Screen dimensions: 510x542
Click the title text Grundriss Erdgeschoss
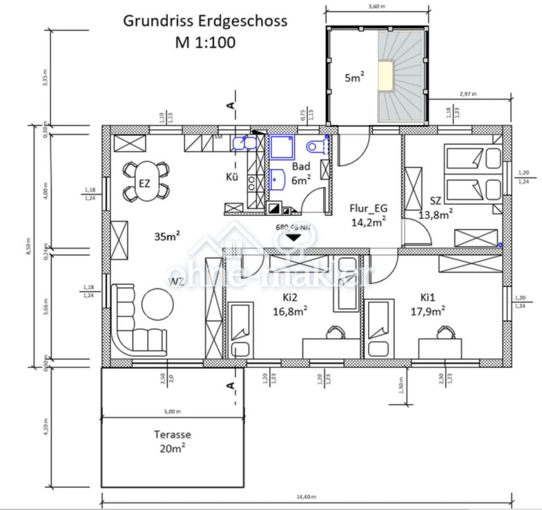coord(205,21)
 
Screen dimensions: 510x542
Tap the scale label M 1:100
coord(205,42)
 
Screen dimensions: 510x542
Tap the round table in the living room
coord(157,305)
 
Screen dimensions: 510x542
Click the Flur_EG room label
coord(368,215)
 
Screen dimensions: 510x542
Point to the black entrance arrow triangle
coord(293,237)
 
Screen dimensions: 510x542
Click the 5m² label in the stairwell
coord(354,78)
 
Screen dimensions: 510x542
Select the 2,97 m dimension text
coord(468,93)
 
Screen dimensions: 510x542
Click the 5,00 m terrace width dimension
coord(172,412)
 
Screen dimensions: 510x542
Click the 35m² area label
coord(167,237)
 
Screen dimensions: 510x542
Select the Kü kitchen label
coord(232,177)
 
